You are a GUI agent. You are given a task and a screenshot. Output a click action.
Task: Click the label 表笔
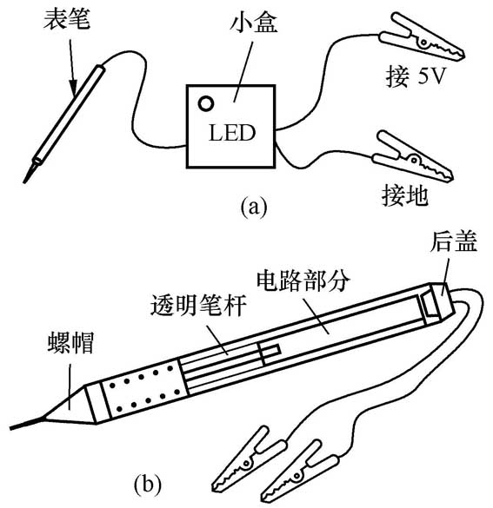tap(67, 19)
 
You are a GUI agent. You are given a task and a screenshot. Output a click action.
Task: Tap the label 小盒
tap(254, 23)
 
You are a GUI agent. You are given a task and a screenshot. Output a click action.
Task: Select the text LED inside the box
tap(232, 133)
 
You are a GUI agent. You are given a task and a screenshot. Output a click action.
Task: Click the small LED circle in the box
tap(206, 103)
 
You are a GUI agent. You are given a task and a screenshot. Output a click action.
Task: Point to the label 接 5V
tap(415, 76)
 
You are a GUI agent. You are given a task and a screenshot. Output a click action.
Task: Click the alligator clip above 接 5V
tap(423, 37)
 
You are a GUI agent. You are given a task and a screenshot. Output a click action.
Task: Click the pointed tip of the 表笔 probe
tap(24, 182)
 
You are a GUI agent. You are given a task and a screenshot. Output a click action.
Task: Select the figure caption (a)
tap(254, 207)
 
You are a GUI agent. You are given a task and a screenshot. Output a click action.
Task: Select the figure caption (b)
tap(148, 485)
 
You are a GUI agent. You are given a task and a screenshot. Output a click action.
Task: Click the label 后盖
tap(454, 241)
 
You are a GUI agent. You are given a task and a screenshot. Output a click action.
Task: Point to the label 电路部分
tap(303, 280)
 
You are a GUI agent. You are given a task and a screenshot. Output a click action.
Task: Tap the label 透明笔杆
tap(198, 305)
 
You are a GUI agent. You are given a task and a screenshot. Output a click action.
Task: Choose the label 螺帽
tap(71, 342)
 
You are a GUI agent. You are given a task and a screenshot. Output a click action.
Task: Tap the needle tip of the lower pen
tap(11, 429)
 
